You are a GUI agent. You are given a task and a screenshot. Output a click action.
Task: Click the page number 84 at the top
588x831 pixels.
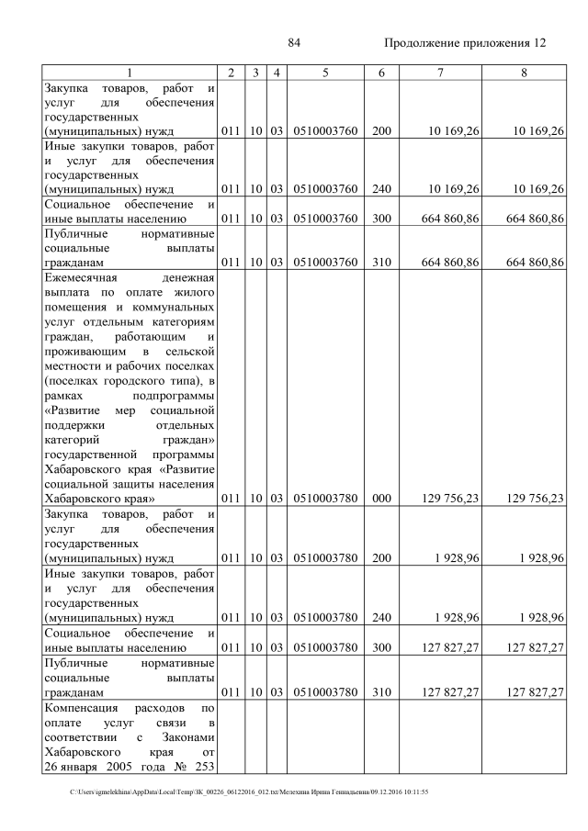tap(295, 43)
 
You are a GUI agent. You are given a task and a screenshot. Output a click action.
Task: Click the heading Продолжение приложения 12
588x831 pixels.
tap(464, 43)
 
